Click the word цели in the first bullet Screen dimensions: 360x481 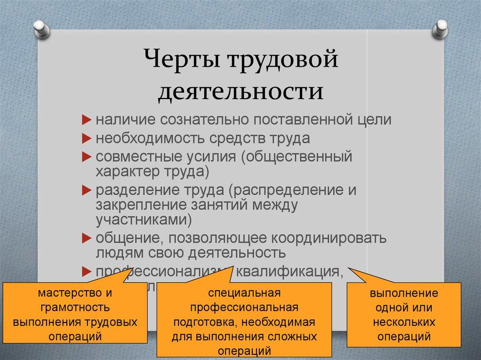[x=373, y=120]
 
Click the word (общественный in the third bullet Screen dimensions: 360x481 [x=296, y=157]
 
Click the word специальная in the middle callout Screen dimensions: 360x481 [x=243, y=293]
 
